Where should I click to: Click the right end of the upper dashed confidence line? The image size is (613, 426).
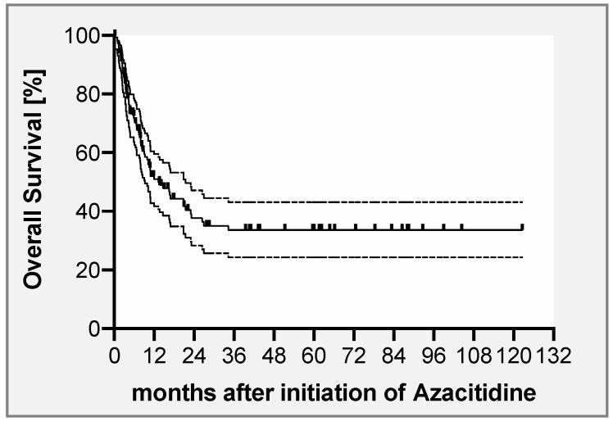click(522, 202)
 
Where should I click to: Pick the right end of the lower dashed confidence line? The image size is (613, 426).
click(522, 257)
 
